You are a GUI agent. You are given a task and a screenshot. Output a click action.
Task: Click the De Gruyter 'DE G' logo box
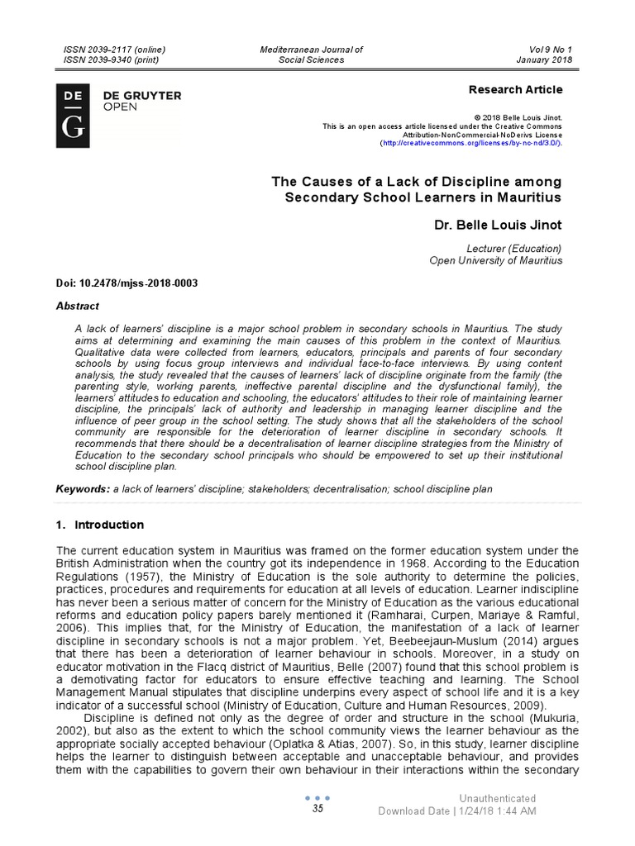pos(72,116)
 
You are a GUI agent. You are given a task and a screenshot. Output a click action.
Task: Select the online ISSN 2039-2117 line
pos(112,50)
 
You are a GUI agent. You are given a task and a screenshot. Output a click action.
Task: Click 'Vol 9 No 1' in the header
pos(549,50)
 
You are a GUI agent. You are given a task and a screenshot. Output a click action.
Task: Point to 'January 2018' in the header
pos(543,59)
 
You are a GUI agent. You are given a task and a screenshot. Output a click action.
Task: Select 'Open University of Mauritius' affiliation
pos(495,260)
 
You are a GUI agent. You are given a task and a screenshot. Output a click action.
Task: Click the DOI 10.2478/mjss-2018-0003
pos(127,283)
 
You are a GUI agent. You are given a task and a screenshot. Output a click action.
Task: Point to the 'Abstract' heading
pos(77,305)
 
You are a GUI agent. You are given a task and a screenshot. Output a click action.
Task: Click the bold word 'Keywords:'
pos(82,489)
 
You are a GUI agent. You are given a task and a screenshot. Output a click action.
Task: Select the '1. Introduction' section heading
pos(99,525)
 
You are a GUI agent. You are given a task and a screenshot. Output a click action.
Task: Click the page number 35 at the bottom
pos(317,809)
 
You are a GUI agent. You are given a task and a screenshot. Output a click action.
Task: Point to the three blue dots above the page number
pos(317,797)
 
